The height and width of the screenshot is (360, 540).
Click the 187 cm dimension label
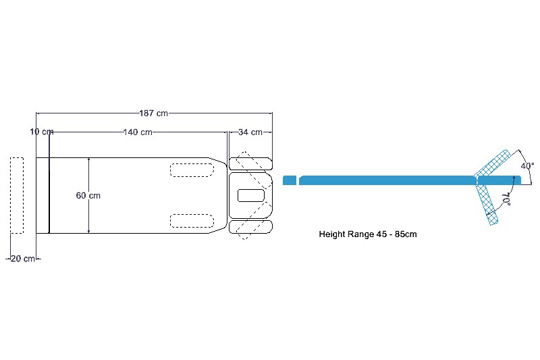tap(153, 113)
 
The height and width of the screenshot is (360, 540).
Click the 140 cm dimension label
tap(138, 132)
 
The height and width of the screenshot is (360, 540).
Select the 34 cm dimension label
tap(250, 132)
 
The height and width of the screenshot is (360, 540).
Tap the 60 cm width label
tap(88, 195)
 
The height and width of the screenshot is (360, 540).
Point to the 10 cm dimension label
tap(41, 131)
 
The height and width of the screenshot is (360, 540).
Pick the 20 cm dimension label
tap(23, 259)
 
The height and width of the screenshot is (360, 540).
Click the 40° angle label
tap(527, 165)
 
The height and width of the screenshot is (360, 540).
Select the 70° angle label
tap(506, 198)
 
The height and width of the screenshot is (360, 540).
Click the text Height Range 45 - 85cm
tap(371, 234)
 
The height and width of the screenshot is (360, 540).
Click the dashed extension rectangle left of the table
tap(17, 195)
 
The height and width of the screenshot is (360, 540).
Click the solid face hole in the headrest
tap(250, 195)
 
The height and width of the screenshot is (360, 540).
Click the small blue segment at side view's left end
tap(290, 180)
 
